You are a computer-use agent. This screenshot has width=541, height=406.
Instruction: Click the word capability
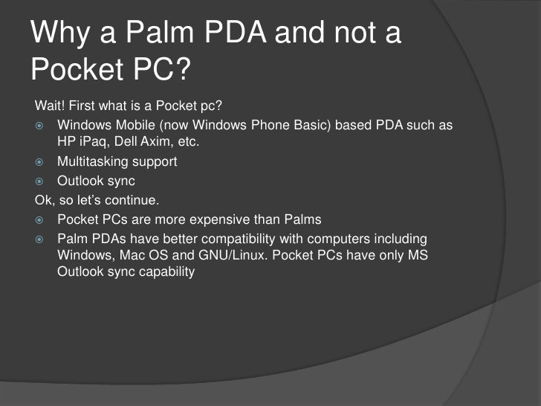pos(165,271)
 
